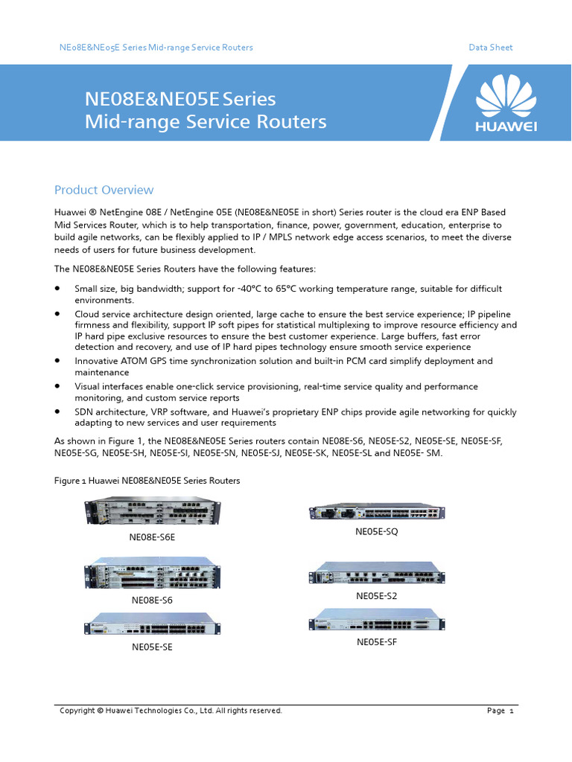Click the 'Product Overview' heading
[104, 190]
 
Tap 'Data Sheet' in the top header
[490, 48]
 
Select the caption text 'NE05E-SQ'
[377, 531]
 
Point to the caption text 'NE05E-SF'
[377, 641]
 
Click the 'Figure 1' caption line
[147, 481]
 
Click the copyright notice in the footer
[171, 711]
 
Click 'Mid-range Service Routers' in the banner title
[206, 121]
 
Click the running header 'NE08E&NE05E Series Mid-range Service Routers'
[156, 48]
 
